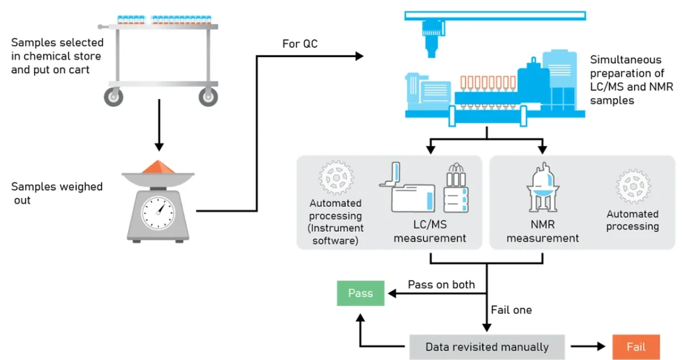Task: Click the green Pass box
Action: tap(361, 293)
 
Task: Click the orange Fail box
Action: tap(636, 347)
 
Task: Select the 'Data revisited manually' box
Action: tap(487, 347)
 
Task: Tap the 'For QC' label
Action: tap(300, 44)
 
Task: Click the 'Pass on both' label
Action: tap(441, 285)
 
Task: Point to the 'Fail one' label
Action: tap(511, 310)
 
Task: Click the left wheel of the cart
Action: tap(114, 97)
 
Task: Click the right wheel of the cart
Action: tap(208, 97)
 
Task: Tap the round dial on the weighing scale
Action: tap(158, 213)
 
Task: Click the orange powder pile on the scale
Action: tap(158, 167)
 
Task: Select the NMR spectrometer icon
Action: tap(543, 187)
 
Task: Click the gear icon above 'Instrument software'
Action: tap(336, 178)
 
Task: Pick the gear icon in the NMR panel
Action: tap(633, 186)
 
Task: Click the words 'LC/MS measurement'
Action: tap(430, 231)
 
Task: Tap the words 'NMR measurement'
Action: tap(543, 231)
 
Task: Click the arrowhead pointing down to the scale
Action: tap(159, 147)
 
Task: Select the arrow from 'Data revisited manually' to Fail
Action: tap(588, 346)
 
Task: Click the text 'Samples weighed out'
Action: tap(57, 193)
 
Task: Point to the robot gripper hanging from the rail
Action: tap(433, 39)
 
